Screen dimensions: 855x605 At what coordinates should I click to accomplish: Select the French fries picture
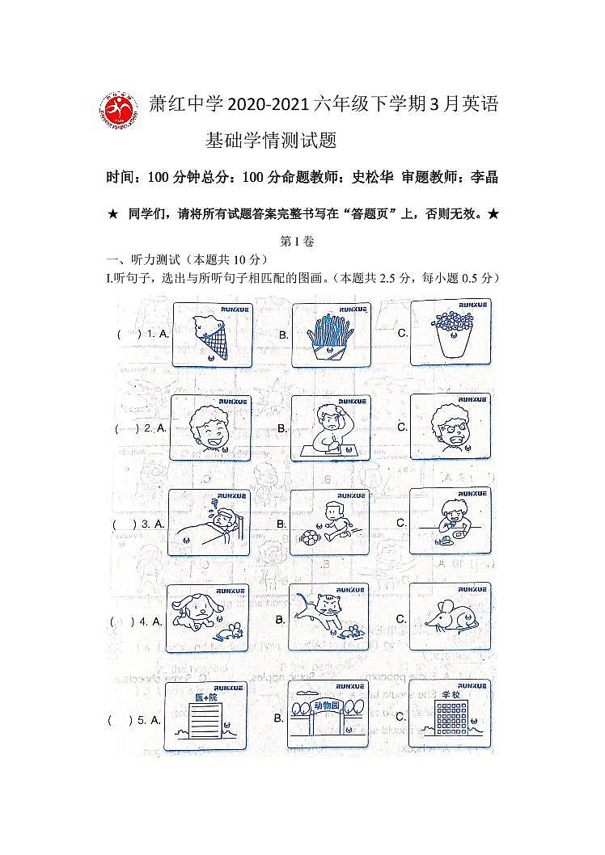(330, 335)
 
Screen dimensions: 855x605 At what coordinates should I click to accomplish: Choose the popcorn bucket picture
(451, 331)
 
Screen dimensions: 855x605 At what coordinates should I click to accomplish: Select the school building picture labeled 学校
(450, 714)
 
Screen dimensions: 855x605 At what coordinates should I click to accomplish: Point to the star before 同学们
(112, 214)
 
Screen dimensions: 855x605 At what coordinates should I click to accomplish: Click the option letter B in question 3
(282, 524)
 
